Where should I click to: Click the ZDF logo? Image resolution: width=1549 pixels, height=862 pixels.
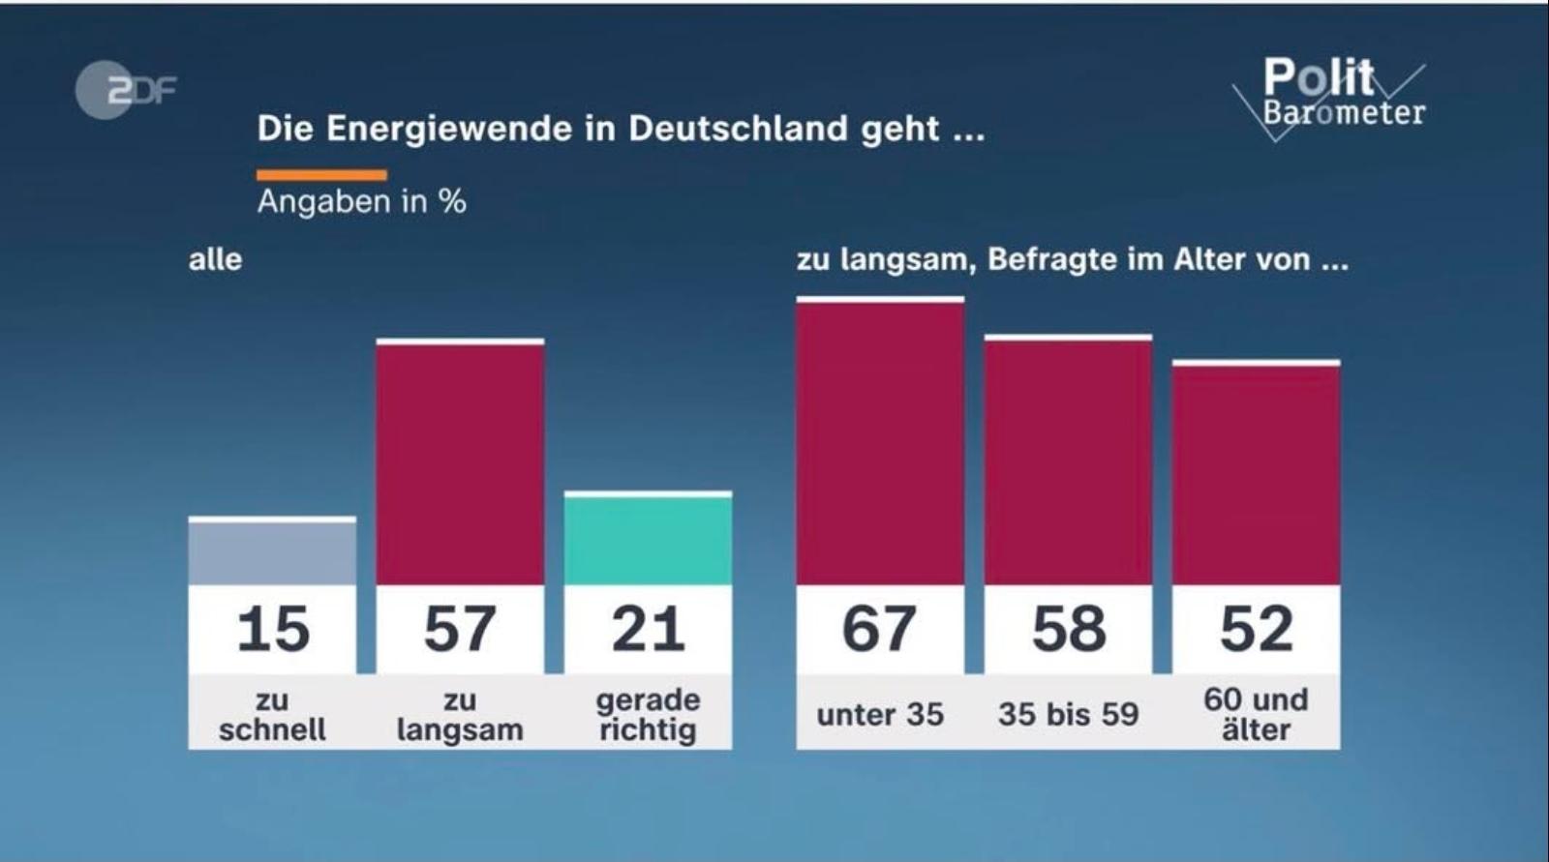coord(125,90)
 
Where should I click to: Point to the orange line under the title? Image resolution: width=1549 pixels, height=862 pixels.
coord(321,175)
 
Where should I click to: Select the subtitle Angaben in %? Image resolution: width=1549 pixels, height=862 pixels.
coord(361,201)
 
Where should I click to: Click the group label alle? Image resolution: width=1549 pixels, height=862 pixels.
coord(215,259)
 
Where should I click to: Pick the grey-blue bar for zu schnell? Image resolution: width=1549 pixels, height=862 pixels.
coord(272,552)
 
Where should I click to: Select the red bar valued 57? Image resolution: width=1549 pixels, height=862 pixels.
coord(460,463)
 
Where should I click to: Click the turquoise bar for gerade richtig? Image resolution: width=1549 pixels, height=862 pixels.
coord(648,540)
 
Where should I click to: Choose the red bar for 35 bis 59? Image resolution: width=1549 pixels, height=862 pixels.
coord(1068,461)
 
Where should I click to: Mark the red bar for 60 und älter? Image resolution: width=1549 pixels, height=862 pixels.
coord(1256,474)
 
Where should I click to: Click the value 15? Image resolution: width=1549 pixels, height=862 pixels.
coord(272,629)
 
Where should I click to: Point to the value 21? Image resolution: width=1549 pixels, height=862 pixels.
coord(648,629)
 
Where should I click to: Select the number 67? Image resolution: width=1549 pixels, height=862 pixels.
coord(880,629)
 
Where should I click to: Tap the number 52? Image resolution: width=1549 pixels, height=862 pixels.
coord(1256,629)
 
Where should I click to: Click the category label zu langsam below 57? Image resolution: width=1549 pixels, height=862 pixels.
coord(460,714)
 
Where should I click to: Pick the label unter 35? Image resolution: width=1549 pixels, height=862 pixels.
coord(880,715)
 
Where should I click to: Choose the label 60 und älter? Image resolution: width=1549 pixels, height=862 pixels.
coord(1256,714)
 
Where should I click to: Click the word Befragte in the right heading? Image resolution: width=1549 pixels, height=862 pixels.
coord(1048,259)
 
